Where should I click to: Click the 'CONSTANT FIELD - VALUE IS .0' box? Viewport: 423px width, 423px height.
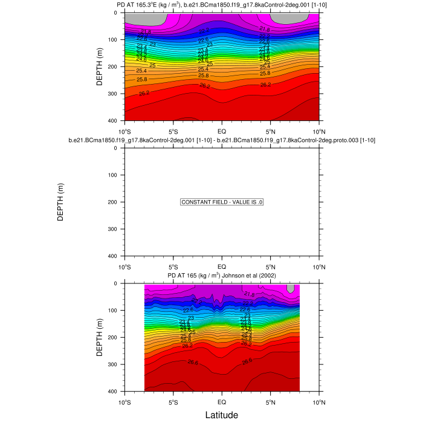click(222, 202)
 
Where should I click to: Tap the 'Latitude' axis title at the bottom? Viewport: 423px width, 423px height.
click(222, 415)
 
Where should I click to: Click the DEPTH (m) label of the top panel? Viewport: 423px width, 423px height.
click(100, 66)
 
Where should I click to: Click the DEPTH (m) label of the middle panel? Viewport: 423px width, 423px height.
click(60, 202)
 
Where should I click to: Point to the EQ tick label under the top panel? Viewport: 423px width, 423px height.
click(222, 131)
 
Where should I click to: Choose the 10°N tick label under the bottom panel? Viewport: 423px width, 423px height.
click(319, 401)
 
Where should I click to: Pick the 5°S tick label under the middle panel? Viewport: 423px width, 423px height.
click(173, 266)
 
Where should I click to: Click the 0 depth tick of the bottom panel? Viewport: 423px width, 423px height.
click(117, 283)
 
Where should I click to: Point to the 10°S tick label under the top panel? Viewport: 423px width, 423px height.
click(124, 131)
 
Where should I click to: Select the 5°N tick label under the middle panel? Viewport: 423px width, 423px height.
click(271, 266)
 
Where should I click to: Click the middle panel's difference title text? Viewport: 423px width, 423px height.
click(222, 140)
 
